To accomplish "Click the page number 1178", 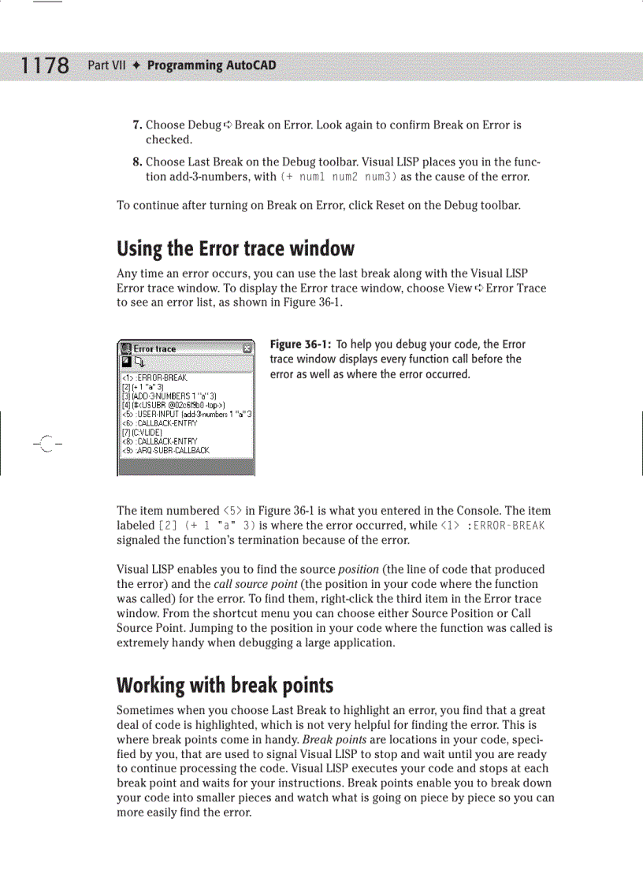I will click(x=44, y=65).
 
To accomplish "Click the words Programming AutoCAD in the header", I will click(x=211, y=65).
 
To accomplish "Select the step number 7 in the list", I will click(x=136, y=125).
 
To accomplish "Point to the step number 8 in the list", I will click(x=136, y=162).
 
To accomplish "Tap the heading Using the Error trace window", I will click(x=235, y=249).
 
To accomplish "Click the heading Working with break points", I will click(x=225, y=685).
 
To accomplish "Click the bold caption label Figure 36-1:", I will click(x=300, y=344).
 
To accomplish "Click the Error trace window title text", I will click(x=154, y=348).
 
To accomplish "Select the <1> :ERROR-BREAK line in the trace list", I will click(x=154, y=378).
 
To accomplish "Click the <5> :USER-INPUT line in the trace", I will click(x=185, y=413).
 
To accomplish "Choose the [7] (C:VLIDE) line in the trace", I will click(x=142, y=433).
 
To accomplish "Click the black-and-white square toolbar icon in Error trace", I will click(x=125, y=362).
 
